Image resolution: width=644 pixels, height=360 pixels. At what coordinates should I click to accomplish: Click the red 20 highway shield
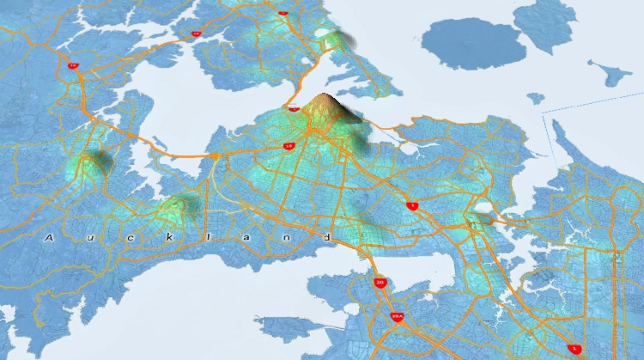click(380, 282)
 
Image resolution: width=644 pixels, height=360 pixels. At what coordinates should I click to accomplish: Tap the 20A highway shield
click(396, 316)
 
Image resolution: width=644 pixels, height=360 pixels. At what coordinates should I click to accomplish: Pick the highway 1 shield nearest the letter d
click(413, 206)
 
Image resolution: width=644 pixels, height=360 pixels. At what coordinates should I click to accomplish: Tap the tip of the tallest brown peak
click(324, 94)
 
